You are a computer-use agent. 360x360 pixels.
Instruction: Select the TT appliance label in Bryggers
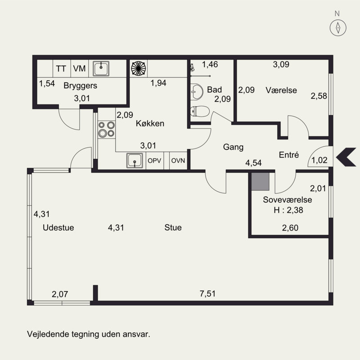(61, 68)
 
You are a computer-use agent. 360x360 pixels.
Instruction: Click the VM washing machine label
(80, 68)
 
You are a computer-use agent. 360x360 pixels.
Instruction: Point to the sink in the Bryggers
(101, 68)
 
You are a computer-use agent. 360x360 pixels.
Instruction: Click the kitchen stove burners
(107, 130)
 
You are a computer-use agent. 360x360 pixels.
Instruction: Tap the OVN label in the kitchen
(178, 161)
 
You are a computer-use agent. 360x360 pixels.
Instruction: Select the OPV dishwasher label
(154, 161)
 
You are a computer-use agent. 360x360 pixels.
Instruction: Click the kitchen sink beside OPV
(135, 161)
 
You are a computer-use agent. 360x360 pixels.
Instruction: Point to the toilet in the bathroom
(200, 111)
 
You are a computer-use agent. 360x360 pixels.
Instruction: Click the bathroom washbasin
(197, 92)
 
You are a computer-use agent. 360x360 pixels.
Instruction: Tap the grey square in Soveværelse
(260, 182)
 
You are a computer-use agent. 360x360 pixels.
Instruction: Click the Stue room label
(173, 228)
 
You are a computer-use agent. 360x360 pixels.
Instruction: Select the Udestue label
(58, 228)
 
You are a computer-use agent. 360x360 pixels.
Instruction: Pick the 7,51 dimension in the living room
(207, 294)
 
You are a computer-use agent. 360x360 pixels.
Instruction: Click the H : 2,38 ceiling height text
(288, 210)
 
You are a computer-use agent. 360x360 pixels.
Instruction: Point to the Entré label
(289, 155)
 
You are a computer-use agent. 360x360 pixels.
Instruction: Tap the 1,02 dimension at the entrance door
(319, 160)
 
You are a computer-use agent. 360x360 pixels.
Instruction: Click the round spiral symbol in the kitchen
(139, 68)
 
